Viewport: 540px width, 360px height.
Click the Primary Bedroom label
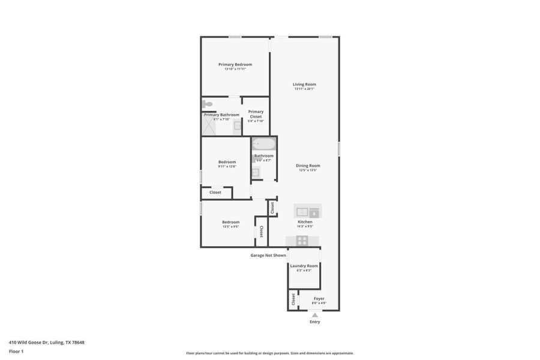(235, 64)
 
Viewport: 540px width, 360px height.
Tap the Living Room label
(304, 84)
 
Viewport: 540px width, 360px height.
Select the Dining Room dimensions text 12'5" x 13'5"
(308, 170)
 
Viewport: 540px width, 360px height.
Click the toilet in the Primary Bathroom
(208, 105)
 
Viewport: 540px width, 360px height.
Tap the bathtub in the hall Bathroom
(263, 144)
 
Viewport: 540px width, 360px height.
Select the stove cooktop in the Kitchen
(302, 241)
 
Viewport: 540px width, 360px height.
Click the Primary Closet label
(256, 113)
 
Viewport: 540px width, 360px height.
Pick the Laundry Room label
(304, 265)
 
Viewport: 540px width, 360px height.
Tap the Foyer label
(319, 298)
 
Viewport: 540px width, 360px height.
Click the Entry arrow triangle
(314, 314)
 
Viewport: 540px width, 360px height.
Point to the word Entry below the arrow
(314, 322)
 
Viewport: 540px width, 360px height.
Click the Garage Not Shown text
(268, 255)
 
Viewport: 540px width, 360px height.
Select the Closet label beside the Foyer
(293, 299)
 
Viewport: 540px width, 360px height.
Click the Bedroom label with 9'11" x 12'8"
(227, 161)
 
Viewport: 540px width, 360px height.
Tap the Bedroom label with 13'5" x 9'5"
(230, 221)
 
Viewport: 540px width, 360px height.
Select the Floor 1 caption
(16, 351)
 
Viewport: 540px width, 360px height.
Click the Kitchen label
(305, 221)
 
